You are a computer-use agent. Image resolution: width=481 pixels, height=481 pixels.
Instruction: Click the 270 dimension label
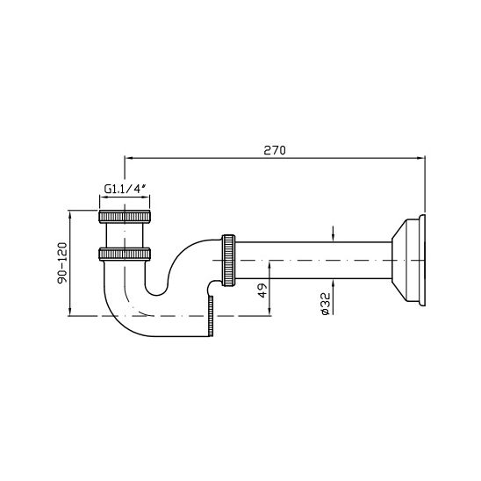[x=275, y=150]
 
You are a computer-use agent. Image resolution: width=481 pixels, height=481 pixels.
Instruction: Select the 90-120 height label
[x=62, y=263]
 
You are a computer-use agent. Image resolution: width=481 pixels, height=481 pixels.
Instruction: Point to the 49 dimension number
[x=262, y=291]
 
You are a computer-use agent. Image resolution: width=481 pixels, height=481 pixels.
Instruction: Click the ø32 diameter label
[x=325, y=304]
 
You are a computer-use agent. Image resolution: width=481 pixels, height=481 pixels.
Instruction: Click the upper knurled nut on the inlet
[x=125, y=217]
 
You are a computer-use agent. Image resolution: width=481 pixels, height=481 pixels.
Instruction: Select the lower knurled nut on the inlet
[x=125, y=255]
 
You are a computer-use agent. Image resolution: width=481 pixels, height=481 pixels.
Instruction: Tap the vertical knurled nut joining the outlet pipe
[x=228, y=261]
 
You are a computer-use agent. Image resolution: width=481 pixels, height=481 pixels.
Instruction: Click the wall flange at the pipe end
[x=409, y=261]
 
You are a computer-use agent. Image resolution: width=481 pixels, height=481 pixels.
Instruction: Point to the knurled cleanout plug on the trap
[x=211, y=316]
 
